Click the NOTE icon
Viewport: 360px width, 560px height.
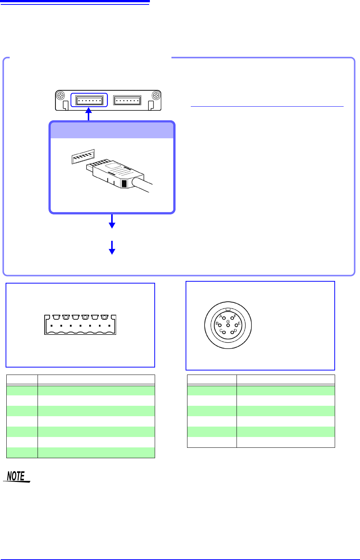click(16, 476)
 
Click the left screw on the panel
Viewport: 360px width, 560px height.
click(61, 96)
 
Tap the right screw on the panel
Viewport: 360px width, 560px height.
click(156, 96)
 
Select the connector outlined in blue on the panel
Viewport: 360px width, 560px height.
click(89, 100)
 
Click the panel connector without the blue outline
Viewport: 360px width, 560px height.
click(127, 100)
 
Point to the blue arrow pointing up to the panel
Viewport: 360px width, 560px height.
click(89, 114)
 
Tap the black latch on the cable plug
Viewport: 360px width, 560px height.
click(124, 183)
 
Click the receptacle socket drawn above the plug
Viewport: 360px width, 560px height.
click(83, 156)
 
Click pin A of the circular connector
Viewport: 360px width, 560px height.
click(224, 318)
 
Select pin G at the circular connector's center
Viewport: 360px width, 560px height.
click(228, 325)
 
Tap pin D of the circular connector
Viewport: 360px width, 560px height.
click(232, 332)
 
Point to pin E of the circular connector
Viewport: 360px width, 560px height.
click(236, 325)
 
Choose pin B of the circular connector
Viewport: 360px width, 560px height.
click(220, 325)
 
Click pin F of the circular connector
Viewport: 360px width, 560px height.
click(232, 318)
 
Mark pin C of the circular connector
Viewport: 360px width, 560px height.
click(224, 332)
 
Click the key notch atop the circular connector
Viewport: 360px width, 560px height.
click(228, 309)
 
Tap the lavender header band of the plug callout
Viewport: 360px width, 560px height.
click(112, 130)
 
